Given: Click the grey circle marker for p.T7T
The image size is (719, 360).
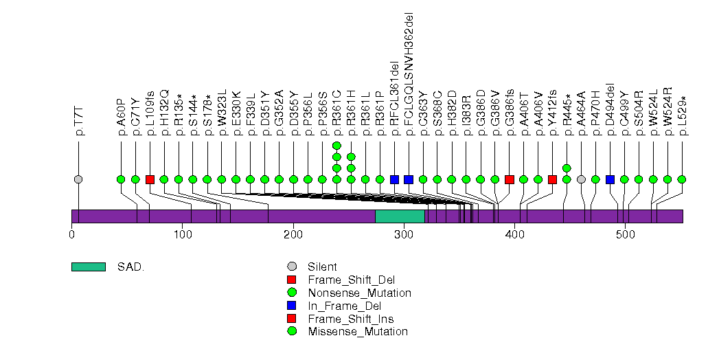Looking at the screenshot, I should pyautogui.click(x=78, y=179).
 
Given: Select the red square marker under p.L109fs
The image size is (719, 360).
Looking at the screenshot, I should pyautogui.click(x=150, y=179).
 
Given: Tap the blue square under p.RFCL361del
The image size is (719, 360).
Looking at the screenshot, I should pyautogui.click(x=394, y=179).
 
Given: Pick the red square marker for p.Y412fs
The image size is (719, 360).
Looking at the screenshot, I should pyautogui.click(x=553, y=179).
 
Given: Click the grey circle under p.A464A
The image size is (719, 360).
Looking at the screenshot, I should pyautogui.click(x=582, y=179).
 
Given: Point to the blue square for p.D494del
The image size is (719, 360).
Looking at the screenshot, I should pyautogui.click(x=610, y=179).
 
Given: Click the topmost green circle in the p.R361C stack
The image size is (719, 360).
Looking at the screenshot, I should pyautogui.click(x=336, y=146).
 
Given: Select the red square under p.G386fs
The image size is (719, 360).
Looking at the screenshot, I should pyautogui.click(x=510, y=179).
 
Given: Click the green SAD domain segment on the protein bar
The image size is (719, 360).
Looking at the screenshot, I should pyautogui.click(x=400, y=216).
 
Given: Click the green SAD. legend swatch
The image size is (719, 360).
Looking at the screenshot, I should pyautogui.click(x=88, y=267).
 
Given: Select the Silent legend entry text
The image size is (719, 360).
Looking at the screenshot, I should pyautogui.click(x=323, y=267).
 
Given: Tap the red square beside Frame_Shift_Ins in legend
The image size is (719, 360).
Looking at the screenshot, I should pyautogui.click(x=292, y=319).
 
